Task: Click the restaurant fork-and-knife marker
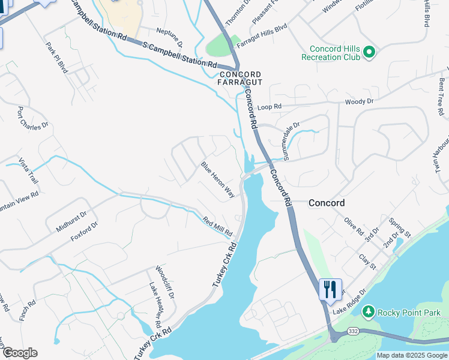(x=330, y=289)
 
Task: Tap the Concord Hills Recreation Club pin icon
(x=370, y=53)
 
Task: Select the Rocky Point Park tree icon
(x=368, y=312)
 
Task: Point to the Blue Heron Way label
(x=217, y=179)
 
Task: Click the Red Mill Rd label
(x=217, y=227)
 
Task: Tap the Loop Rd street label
(x=269, y=107)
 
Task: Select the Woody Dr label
(x=359, y=101)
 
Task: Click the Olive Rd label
(x=354, y=226)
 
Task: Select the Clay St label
(x=367, y=262)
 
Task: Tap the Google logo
(x=19, y=353)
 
